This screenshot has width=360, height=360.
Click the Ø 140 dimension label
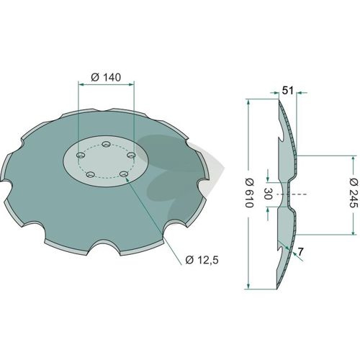(106, 78)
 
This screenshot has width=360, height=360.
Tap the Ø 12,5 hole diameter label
(202, 260)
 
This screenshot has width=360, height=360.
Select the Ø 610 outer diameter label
(249, 193)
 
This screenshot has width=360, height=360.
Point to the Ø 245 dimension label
(354, 193)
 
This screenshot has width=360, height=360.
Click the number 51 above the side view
(287, 91)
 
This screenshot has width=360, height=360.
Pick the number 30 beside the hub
(268, 194)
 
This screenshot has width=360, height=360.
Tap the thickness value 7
(300, 252)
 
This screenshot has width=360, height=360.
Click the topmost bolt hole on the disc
(106, 144)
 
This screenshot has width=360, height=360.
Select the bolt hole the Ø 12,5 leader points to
(124, 174)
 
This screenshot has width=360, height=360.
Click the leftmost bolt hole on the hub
(81, 156)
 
